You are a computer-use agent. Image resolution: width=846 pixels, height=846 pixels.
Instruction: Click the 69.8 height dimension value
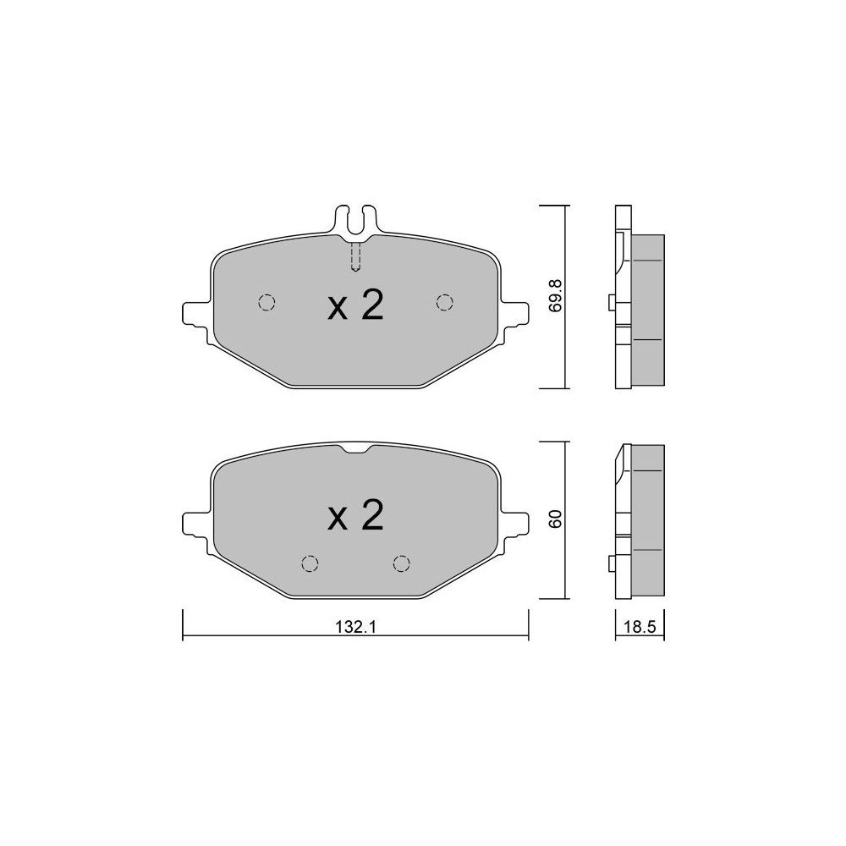click(556, 295)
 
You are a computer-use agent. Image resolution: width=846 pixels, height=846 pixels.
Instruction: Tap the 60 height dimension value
click(556, 519)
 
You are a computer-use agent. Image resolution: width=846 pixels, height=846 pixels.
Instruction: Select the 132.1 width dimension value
click(355, 628)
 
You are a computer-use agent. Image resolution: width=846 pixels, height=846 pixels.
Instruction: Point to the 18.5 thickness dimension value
click(640, 628)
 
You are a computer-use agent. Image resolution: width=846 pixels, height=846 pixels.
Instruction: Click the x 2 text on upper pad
click(355, 305)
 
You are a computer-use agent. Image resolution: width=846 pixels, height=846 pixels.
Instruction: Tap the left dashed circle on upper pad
click(266, 303)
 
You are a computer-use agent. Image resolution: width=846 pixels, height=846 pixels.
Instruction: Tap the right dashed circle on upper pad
click(445, 303)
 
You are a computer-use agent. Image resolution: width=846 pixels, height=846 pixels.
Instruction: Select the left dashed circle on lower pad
click(309, 563)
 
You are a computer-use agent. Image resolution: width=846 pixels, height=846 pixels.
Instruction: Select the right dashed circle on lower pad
click(401, 563)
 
